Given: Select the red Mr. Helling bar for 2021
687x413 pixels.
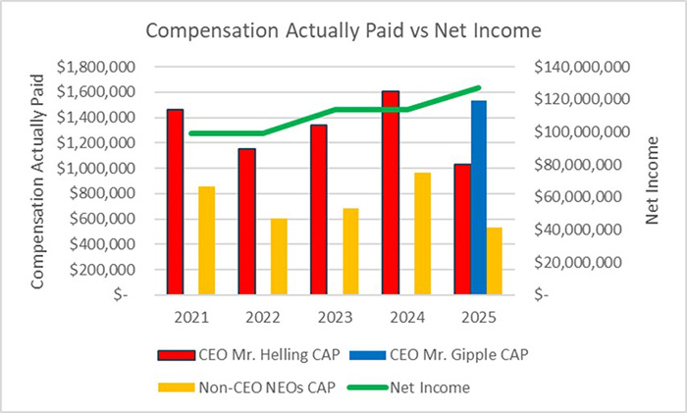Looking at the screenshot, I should click(175, 201).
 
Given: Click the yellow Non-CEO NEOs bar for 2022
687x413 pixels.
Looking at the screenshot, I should click(280, 255).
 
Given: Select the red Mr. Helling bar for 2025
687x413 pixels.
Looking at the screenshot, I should click(462, 229).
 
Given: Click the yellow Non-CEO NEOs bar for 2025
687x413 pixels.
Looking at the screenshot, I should click(495, 260).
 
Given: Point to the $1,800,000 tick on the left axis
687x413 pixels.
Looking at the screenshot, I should click(96, 67).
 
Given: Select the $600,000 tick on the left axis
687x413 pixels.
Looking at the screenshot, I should click(102, 218).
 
